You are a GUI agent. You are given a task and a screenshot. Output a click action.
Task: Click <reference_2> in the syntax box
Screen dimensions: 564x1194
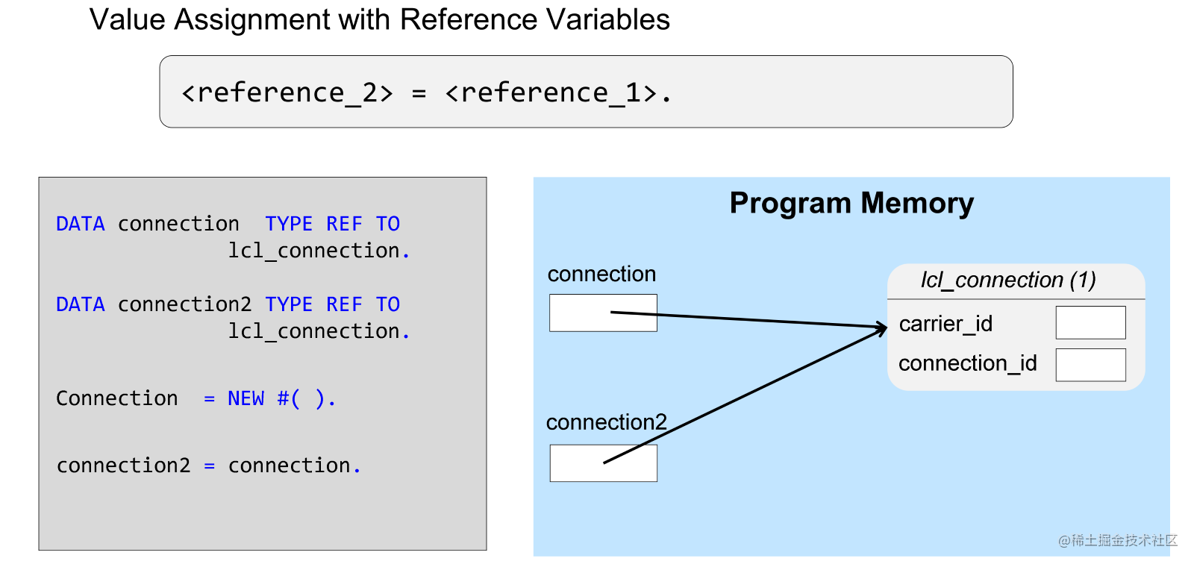(287, 93)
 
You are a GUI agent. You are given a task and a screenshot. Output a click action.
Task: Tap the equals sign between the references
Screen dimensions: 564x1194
(419, 94)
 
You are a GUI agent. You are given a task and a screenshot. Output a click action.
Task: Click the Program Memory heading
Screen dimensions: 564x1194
(851, 203)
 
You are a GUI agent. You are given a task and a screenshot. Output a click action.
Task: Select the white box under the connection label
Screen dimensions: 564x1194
(603, 313)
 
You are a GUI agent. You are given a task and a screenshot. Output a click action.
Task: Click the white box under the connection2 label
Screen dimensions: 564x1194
(603, 463)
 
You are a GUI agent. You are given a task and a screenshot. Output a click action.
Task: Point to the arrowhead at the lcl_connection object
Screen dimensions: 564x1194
(882, 327)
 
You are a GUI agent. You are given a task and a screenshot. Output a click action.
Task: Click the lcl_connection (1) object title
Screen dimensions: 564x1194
(1007, 280)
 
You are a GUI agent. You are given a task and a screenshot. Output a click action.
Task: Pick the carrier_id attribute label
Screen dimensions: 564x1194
(945, 324)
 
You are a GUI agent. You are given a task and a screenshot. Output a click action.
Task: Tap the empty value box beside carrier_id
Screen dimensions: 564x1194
(1090, 322)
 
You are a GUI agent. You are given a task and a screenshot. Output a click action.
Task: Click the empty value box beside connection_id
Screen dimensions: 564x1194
(1090, 365)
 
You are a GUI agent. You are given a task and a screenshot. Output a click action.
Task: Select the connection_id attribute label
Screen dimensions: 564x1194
(967, 363)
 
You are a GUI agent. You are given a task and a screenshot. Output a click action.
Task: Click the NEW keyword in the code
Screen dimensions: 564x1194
(246, 398)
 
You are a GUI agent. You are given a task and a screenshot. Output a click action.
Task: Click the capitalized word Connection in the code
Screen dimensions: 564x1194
(117, 398)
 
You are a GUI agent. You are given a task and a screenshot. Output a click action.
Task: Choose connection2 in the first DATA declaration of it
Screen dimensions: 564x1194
(184, 304)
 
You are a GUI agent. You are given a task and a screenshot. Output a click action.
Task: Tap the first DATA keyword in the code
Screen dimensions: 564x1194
(80, 224)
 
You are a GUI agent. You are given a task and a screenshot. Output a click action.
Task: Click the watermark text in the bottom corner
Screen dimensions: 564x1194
(1117, 540)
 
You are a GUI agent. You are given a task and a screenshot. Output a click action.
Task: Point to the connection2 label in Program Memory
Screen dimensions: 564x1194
(606, 422)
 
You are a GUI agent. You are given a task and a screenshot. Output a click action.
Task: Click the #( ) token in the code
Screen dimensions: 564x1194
(301, 398)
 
